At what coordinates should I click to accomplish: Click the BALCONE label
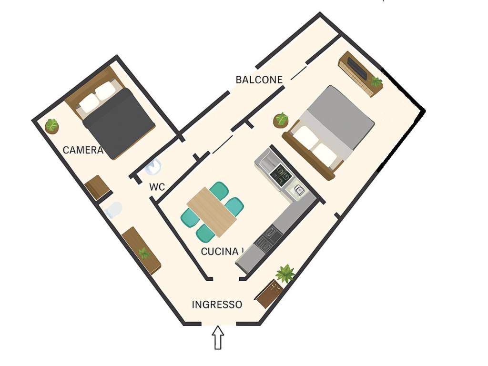coord(259,80)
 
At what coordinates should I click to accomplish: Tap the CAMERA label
coord(83,150)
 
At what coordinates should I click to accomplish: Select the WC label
coord(157,187)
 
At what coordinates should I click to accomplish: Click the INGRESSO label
coord(217,305)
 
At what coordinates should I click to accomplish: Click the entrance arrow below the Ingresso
coord(218,337)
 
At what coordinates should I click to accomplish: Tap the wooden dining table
coord(212,212)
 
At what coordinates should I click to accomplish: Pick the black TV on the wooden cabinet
coord(357,68)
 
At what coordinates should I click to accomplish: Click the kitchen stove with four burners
coord(281,174)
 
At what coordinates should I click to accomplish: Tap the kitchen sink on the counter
coord(298,190)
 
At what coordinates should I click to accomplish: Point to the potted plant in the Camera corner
coord(51,126)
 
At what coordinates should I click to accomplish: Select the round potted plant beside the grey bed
coord(281,120)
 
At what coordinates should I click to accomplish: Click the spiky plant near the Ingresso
coord(285,273)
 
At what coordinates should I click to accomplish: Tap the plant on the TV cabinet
coord(376,82)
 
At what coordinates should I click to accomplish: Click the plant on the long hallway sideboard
coord(144,254)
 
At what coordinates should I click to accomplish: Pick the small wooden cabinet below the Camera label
coord(97,187)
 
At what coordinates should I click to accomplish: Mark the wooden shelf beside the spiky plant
coord(270,293)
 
